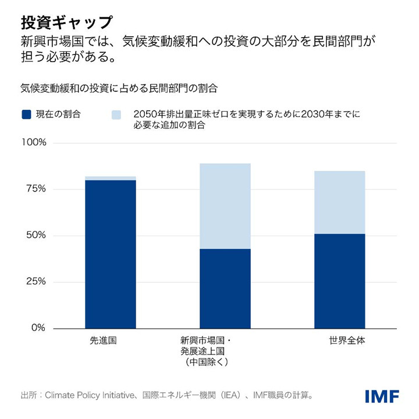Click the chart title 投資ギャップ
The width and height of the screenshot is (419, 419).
click(66, 22)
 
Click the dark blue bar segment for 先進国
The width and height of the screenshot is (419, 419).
click(111, 254)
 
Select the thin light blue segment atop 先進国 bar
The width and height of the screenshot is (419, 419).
click(111, 178)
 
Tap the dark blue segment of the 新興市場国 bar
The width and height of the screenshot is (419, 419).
click(225, 289)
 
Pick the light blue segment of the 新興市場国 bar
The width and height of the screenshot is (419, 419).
click(225, 206)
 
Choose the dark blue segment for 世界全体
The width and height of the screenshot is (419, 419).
click(339, 281)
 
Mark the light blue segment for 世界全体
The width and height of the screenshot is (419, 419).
click(339, 203)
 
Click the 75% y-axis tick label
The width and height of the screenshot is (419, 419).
click(35, 189)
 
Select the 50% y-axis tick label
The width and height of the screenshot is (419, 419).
click(35, 236)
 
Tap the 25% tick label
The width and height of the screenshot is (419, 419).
click(35, 282)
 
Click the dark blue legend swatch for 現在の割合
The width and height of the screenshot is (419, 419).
click(26, 115)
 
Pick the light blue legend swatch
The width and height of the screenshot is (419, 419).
click(116, 115)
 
